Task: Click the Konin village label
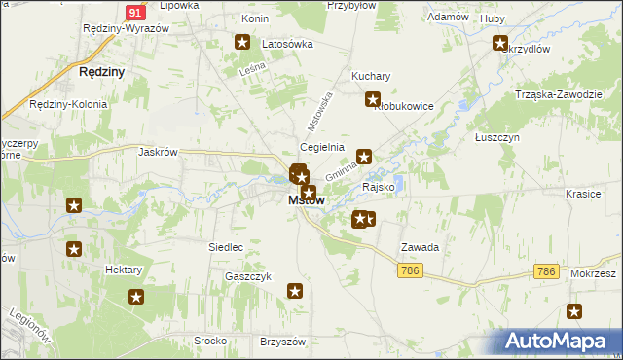(255, 18)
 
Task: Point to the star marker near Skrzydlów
(500, 43)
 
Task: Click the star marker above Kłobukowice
(372, 98)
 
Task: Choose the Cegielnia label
(322, 147)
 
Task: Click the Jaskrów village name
(158, 152)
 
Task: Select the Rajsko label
(378, 186)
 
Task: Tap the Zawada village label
(420, 247)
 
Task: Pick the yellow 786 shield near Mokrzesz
(546, 271)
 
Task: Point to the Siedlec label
(225, 247)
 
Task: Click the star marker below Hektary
(136, 297)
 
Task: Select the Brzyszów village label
(283, 342)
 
